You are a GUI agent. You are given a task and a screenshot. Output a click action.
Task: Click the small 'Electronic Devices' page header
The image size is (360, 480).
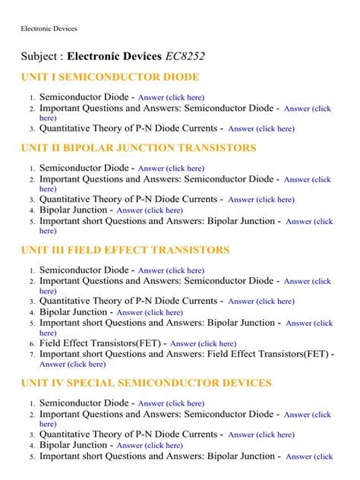click(49, 28)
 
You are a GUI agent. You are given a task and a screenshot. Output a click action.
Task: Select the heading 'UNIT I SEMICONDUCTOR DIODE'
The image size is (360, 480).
click(110, 77)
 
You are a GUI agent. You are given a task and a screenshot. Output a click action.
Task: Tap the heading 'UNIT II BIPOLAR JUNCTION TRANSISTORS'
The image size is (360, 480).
click(138, 148)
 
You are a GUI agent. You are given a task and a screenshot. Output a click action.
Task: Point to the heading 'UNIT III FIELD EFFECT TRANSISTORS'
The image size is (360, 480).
click(125, 250)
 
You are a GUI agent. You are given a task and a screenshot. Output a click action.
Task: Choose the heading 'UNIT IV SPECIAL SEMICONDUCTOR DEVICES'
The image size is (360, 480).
click(145, 383)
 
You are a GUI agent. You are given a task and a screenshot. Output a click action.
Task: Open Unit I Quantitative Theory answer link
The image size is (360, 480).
click(261, 129)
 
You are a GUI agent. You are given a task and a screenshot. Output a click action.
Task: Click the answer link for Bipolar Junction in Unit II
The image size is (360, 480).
click(150, 210)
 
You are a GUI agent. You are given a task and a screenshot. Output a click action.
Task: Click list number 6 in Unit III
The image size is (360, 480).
click(32, 344)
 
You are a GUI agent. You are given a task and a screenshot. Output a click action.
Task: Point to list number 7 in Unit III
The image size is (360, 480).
click(32, 355)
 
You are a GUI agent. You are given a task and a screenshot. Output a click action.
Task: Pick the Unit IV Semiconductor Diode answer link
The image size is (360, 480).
click(171, 404)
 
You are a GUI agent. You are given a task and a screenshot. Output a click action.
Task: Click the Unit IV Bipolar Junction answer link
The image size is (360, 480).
click(150, 446)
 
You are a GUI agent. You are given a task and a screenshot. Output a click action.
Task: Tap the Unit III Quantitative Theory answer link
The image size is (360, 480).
click(261, 302)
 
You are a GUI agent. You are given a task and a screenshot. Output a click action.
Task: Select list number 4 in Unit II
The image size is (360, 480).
click(32, 210)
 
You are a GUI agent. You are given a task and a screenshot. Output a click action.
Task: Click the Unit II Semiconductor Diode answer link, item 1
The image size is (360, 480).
click(171, 169)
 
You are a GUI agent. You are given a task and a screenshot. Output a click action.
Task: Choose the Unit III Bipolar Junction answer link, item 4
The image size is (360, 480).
click(150, 312)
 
